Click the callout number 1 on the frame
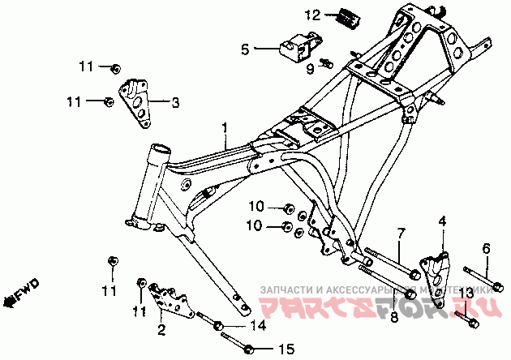click(x=225, y=128)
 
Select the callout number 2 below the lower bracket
click(x=161, y=329)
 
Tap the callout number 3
click(x=175, y=102)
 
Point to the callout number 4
click(x=442, y=221)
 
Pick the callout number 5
click(x=244, y=49)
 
